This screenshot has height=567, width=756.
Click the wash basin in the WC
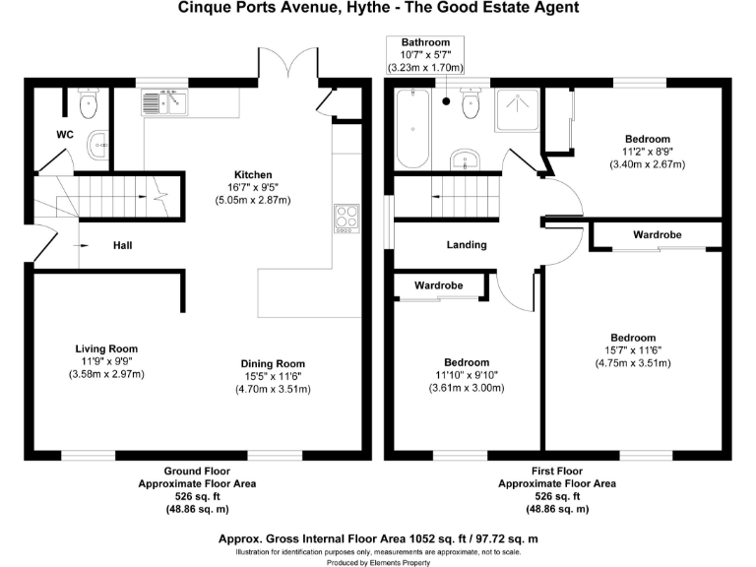click(98, 146)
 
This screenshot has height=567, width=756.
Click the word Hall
click(123, 245)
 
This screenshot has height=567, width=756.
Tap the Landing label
click(467, 244)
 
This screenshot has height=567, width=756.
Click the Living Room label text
click(106, 348)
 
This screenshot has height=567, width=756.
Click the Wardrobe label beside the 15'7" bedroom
click(657, 234)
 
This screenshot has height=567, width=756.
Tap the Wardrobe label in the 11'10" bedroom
click(439, 285)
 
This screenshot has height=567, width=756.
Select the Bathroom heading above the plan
click(425, 42)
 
